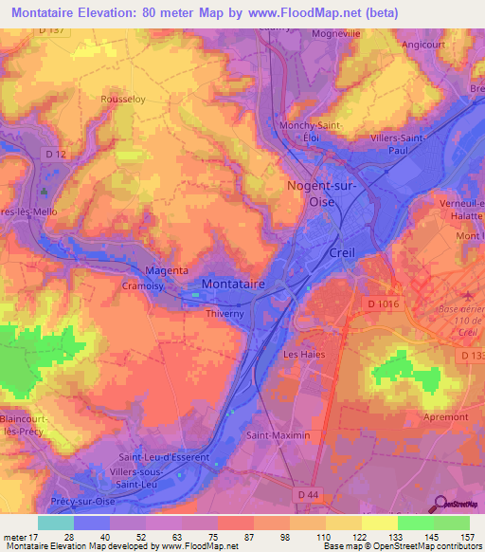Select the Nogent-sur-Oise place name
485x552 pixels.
[322, 194]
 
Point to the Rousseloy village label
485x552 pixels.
[122, 98]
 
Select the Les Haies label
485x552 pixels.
[303, 355]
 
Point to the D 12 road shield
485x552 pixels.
[56, 154]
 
